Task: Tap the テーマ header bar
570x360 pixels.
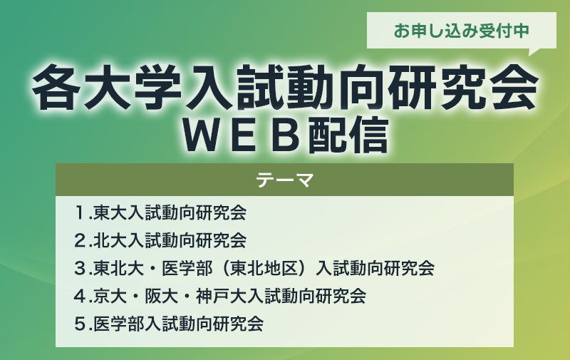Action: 284,180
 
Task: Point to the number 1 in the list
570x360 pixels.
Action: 79,212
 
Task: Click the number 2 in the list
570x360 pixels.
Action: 79,240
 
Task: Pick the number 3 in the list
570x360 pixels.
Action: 79,268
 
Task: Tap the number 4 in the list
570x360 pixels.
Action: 79,296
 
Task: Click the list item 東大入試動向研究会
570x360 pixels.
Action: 170,212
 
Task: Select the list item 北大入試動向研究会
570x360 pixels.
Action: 170,240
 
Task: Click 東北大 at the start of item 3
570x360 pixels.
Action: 119,268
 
